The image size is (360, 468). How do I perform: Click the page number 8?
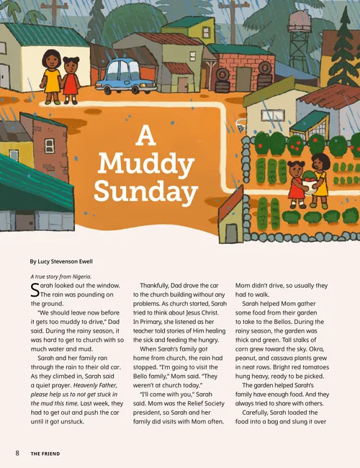pyautogui.click(x=17, y=453)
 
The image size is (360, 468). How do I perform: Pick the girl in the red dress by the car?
pyautogui.click(x=70, y=80)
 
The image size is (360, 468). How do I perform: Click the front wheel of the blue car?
pyautogui.click(x=109, y=89)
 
